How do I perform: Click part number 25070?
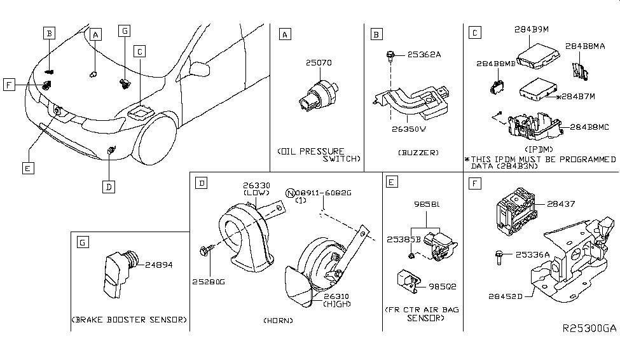click(319, 63)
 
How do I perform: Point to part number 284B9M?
click(532, 29)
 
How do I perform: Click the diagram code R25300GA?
click(589, 329)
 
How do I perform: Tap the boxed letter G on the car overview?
click(125, 31)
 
